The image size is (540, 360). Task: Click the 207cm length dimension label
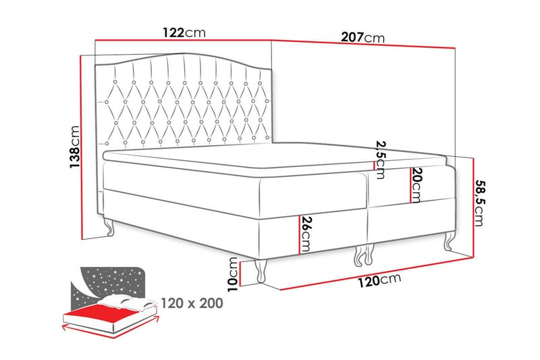coord(364,37)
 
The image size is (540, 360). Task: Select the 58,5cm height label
coord(480,202)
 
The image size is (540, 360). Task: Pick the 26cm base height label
coord(306,233)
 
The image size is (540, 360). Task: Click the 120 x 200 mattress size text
coord(192,303)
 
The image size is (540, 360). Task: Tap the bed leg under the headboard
coord(110,229)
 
